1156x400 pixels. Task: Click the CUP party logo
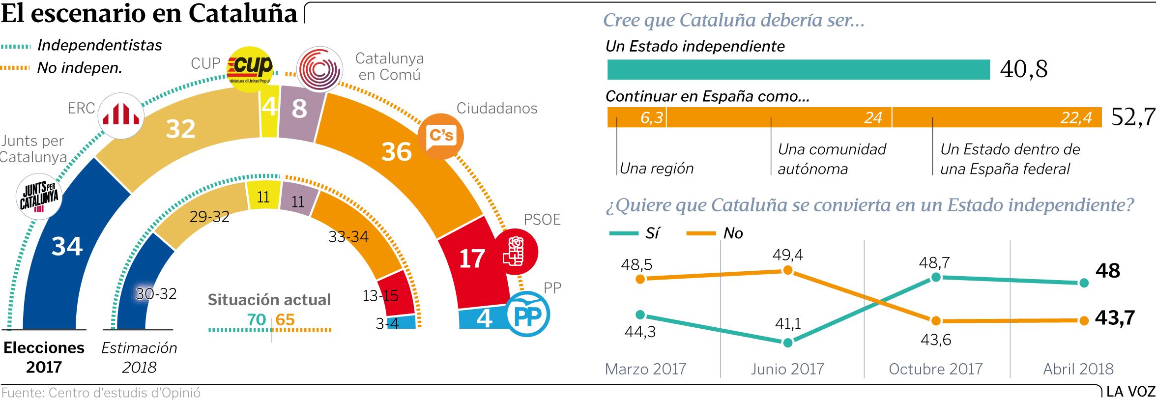click(x=251, y=69)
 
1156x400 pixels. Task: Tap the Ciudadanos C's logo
click(x=441, y=136)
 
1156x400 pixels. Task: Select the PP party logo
click(x=528, y=314)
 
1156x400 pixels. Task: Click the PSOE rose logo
click(x=516, y=252)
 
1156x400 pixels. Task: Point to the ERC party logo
click(x=121, y=115)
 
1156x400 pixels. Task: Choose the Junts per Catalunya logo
click(x=39, y=196)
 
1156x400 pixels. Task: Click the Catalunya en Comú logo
click(x=320, y=69)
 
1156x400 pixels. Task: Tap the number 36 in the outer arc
click(x=397, y=152)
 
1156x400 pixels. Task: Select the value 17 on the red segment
click(x=472, y=258)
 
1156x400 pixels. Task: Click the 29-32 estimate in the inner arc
click(x=209, y=217)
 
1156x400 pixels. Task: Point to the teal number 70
click(x=257, y=319)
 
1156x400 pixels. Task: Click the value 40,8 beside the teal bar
click(x=1024, y=69)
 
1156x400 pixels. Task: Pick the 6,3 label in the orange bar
click(x=652, y=118)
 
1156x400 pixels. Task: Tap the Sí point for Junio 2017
click(x=787, y=343)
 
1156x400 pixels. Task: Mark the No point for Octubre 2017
click(x=936, y=321)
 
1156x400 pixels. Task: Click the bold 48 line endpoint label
click(x=1108, y=271)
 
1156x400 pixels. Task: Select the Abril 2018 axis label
click(x=1078, y=369)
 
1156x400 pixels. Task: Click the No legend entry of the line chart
click(x=732, y=233)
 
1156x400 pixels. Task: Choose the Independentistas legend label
click(x=100, y=45)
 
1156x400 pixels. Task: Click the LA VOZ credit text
click(x=1130, y=392)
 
